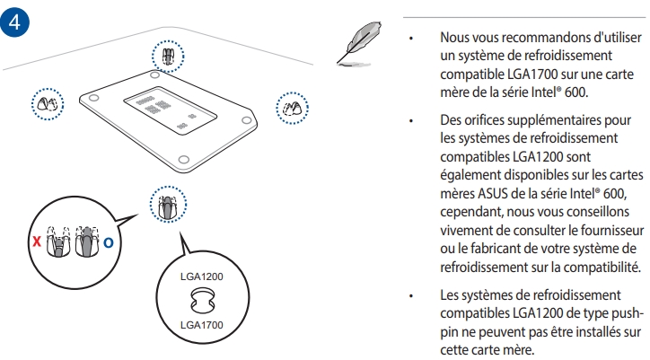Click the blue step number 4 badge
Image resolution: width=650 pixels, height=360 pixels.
pos(14,22)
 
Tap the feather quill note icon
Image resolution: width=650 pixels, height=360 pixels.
pos(359,44)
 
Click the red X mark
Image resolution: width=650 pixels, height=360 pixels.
pos(37,241)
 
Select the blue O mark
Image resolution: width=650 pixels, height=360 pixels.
pos(109,242)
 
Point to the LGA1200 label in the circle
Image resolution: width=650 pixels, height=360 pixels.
pos(201,277)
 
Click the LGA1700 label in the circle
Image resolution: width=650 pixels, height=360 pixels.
pos(201,325)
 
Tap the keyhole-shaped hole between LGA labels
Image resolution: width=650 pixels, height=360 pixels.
pos(203,301)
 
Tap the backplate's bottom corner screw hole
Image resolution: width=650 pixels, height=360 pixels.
pos(184,159)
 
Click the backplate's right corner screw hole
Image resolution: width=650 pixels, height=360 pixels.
pos(247,120)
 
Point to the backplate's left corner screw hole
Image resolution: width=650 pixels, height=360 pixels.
pos(94,98)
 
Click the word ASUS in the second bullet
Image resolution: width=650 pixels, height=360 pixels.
pos(492,194)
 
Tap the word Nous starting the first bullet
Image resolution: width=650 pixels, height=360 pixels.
pos(453,38)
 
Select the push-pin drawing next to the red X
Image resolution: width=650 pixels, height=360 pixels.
pos(58,241)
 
